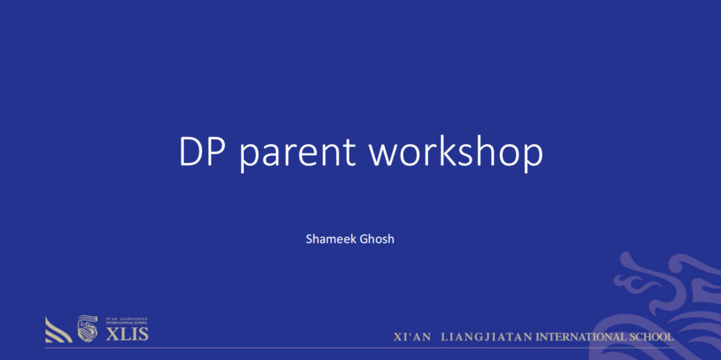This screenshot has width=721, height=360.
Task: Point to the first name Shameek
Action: pos(330,239)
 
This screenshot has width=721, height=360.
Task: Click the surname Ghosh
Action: pos(376,239)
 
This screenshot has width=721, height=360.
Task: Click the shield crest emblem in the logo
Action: pos(87,328)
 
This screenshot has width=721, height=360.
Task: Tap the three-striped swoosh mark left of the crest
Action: pos(58,330)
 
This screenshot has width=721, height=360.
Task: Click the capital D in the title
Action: pos(191,153)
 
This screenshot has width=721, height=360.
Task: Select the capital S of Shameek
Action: pos(309,239)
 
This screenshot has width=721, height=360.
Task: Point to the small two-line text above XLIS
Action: pos(124,320)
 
